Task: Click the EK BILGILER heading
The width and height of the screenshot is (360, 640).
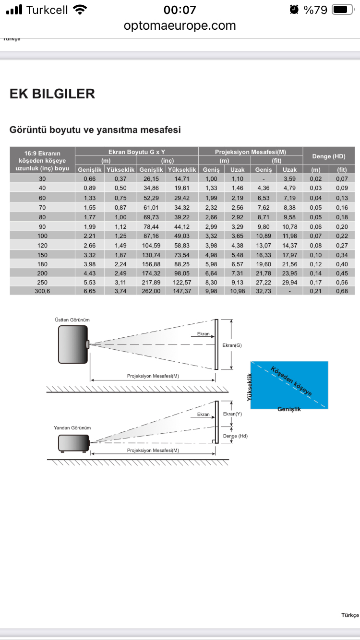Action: [52, 94]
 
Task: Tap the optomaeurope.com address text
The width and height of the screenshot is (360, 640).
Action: [180, 26]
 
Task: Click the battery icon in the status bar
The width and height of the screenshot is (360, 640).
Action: [343, 10]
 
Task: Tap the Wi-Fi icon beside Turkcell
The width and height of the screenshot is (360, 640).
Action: [80, 10]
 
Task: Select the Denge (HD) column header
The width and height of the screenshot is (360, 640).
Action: [329, 156]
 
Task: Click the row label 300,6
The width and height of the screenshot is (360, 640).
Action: [42, 291]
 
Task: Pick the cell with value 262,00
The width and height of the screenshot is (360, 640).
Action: [151, 291]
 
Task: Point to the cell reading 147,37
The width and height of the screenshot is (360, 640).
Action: [182, 291]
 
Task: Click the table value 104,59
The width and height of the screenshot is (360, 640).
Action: [151, 246]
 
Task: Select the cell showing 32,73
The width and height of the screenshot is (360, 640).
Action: [264, 291]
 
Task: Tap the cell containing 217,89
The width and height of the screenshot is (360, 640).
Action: [151, 282]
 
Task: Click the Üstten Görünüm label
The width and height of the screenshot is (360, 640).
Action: [72, 320]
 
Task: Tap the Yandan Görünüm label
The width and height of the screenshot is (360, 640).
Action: [72, 428]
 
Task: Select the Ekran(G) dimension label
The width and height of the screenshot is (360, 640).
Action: [232, 345]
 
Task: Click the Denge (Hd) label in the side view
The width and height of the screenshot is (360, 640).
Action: [235, 436]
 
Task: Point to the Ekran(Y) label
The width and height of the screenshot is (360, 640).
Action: [232, 414]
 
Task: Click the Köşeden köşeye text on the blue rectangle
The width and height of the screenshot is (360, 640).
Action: [291, 381]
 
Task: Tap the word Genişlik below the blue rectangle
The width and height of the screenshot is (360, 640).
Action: [289, 409]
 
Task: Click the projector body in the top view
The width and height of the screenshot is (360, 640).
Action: [73, 344]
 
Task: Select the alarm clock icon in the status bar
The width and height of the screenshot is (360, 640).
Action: [294, 10]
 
